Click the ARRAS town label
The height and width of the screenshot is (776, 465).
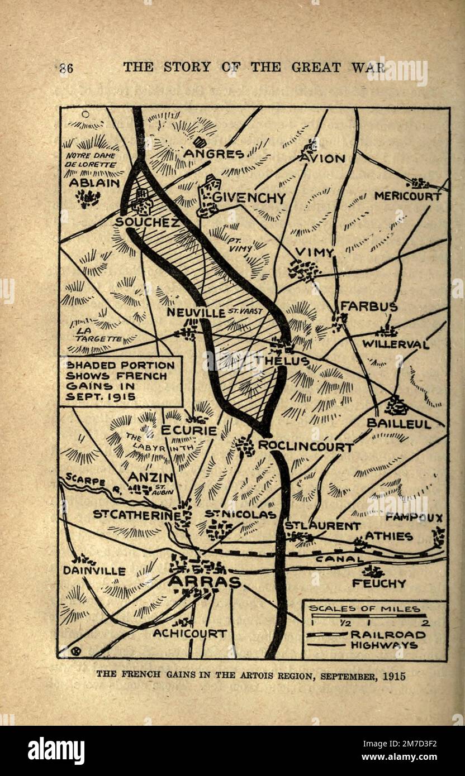(x=204, y=582)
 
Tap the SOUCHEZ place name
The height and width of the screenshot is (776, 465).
(x=147, y=222)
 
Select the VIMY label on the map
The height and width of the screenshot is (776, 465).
(x=314, y=252)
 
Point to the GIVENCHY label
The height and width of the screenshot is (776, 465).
(x=249, y=198)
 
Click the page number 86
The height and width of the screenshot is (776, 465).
(x=66, y=68)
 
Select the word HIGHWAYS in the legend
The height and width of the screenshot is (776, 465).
(x=384, y=645)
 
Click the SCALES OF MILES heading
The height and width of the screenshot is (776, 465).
(x=364, y=609)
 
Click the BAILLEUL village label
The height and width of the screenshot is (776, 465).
(x=398, y=424)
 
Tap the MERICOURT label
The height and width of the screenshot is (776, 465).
(x=407, y=196)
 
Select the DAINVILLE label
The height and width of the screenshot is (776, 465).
(x=94, y=571)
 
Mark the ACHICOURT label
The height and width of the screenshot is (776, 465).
(x=190, y=633)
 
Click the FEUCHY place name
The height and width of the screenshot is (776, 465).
(x=378, y=583)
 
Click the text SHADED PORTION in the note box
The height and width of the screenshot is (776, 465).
(x=120, y=365)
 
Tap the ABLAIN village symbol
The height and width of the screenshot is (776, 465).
(x=88, y=197)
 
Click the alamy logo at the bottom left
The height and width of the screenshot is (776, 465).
(x=56, y=751)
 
